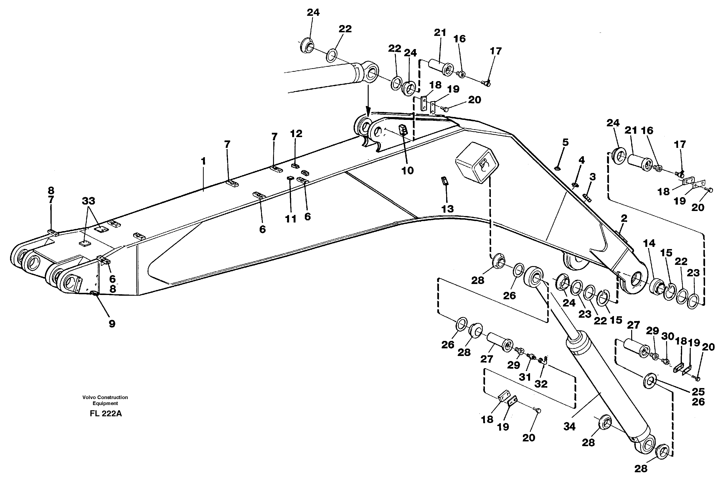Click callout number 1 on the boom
203,161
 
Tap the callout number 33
88,201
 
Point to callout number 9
112,324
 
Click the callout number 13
447,209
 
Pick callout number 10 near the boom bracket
407,170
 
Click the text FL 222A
106,414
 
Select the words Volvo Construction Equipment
105,400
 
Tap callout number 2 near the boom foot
624,218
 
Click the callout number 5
565,142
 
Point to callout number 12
296,133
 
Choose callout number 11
290,219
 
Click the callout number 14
649,243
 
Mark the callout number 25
698,391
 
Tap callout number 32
541,384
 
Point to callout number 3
592,177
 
